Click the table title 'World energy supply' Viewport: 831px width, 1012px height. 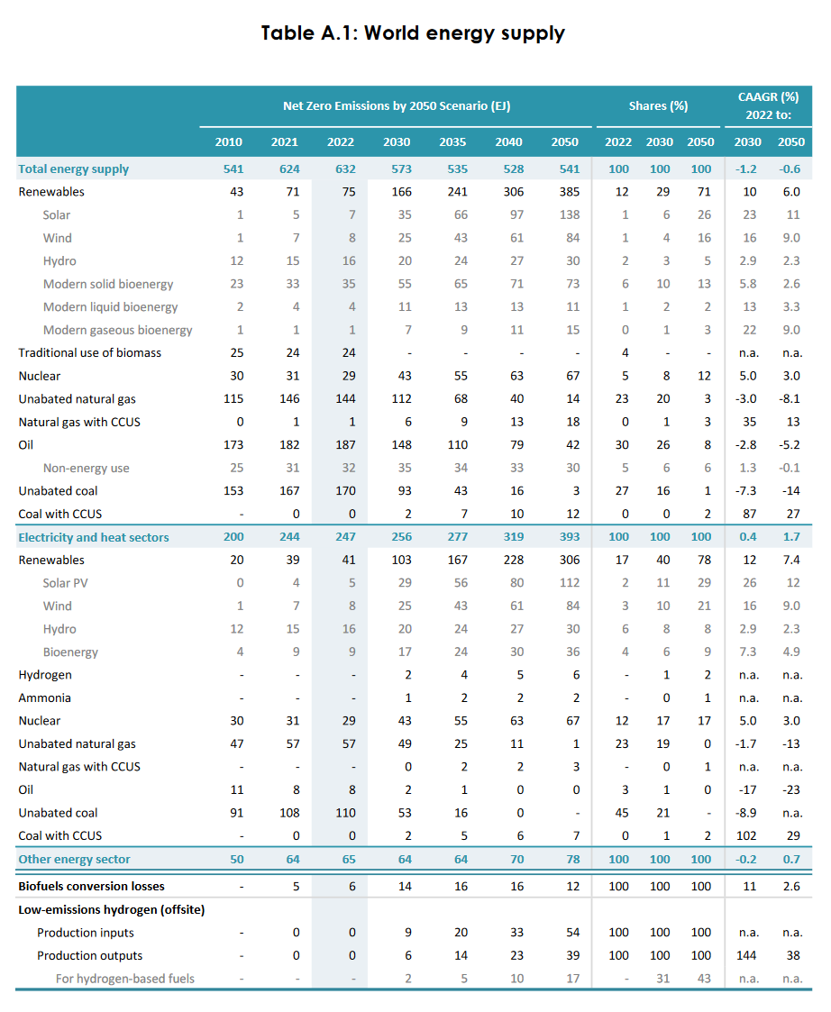(464, 33)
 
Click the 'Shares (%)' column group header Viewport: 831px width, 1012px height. (658, 105)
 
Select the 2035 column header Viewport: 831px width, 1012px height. (452, 141)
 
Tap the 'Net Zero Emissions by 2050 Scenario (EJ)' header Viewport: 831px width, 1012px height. (397, 105)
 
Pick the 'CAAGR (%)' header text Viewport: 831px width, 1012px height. (768, 96)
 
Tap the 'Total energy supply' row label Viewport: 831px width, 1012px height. (74, 169)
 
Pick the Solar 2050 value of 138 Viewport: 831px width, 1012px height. (565, 214)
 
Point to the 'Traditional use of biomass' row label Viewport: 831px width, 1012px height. (90, 352)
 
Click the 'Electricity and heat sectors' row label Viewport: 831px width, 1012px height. (94, 537)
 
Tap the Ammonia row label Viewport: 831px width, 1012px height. (45, 697)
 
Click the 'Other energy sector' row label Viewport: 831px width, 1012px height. (75, 859)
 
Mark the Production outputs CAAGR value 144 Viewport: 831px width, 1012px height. (748, 955)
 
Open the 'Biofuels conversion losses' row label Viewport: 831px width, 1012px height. (92, 886)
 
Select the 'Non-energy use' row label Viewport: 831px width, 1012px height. (87, 468)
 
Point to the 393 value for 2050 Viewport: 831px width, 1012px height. (565, 537)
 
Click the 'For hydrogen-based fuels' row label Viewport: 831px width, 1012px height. (124, 978)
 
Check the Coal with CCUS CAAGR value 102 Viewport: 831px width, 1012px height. (748, 835)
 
